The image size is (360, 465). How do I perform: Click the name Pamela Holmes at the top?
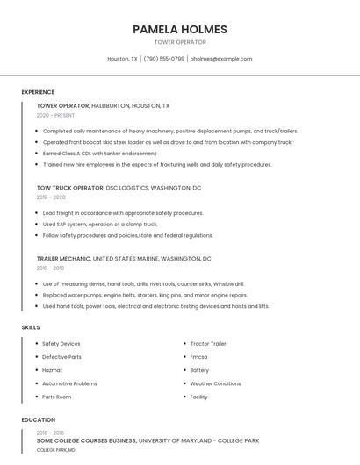click(x=180, y=29)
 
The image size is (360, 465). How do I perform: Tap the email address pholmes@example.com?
click(x=221, y=59)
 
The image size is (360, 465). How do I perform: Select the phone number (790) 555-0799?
click(x=164, y=59)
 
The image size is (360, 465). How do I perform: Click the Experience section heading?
click(x=38, y=92)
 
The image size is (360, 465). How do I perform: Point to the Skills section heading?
click(x=31, y=327)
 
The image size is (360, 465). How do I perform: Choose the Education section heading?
click(x=39, y=420)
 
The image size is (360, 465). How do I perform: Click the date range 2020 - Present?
click(x=55, y=115)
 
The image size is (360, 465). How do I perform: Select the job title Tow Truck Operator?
click(x=69, y=188)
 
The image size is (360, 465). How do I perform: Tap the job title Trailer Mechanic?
click(x=63, y=259)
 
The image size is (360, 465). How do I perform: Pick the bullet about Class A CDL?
click(x=99, y=153)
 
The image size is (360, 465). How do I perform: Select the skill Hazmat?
click(x=53, y=370)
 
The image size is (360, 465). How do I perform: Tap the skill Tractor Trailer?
click(x=208, y=344)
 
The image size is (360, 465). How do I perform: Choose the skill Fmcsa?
click(x=199, y=357)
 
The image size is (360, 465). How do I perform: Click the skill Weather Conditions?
click(x=215, y=383)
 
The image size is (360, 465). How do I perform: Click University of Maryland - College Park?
click(x=198, y=440)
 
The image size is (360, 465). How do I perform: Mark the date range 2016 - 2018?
click(x=50, y=268)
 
